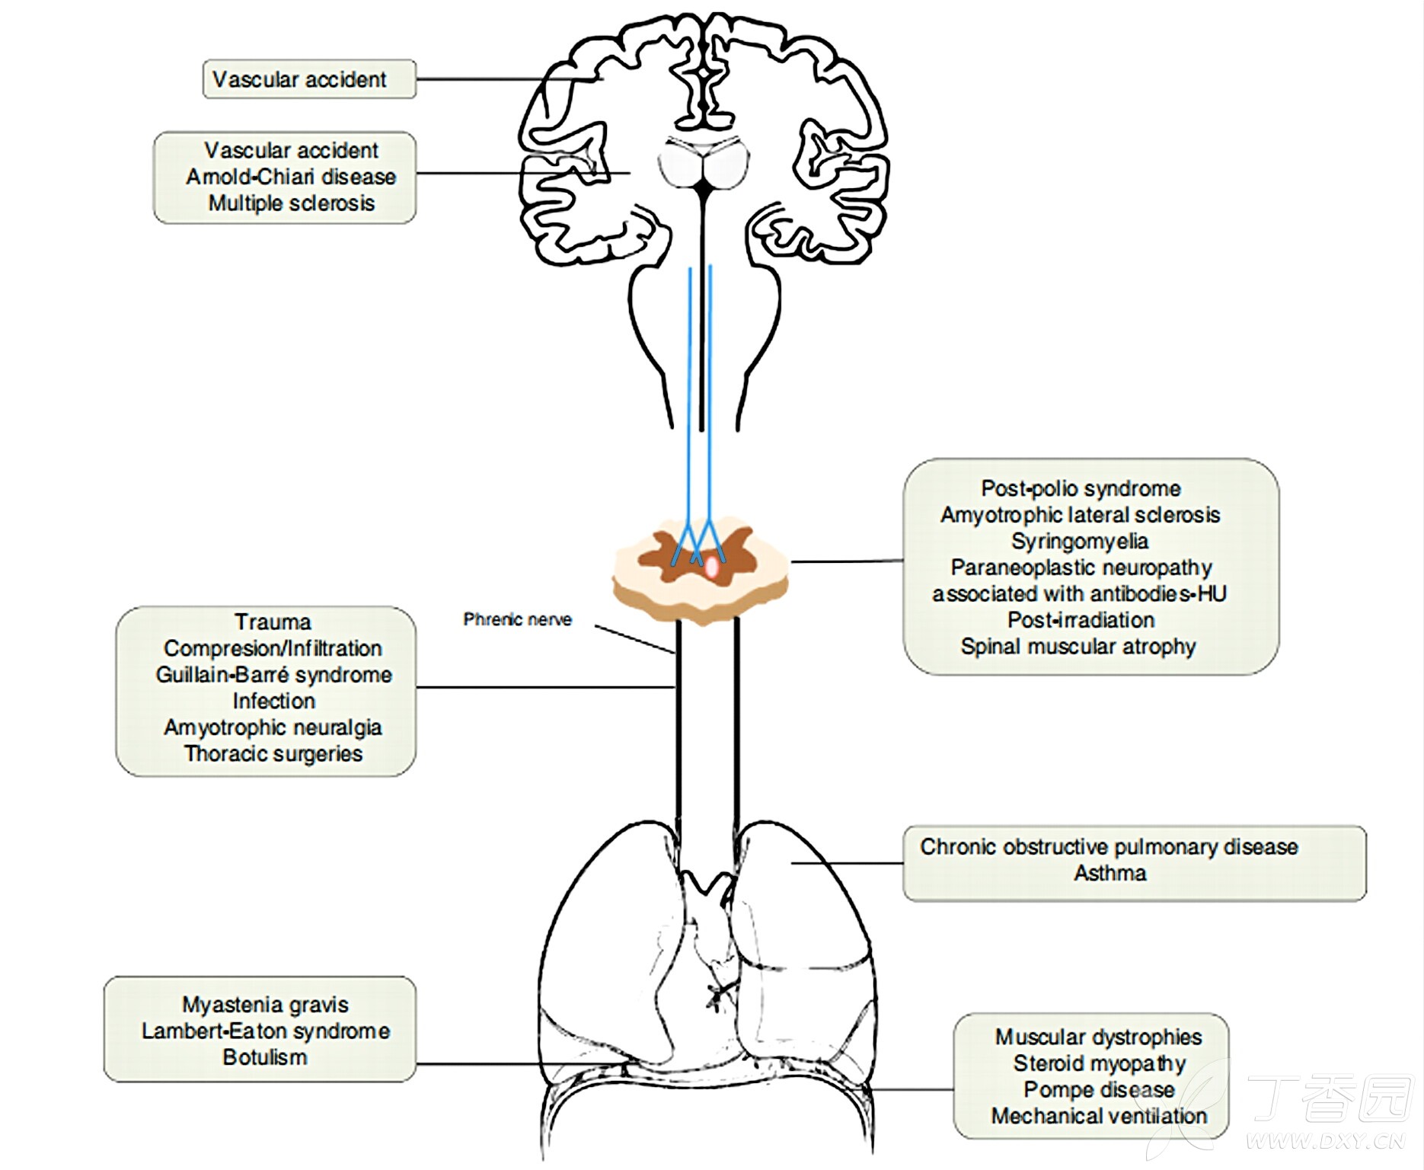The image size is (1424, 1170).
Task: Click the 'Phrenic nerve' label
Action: point(517,619)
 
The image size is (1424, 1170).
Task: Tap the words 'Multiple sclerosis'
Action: point(292,203)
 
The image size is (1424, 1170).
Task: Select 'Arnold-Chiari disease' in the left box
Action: point(291,177)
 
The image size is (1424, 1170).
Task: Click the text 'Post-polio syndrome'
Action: point(1081,488)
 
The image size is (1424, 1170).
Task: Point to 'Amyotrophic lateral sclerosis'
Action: point(1080,515)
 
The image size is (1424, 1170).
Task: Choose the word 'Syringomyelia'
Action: point(1080,542)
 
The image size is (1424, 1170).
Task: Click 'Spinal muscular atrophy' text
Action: point(1078,647)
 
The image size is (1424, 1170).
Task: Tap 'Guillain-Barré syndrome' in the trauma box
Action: point(273,675)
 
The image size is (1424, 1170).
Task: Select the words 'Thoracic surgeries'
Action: point(273,754)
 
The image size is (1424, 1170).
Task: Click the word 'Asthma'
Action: point(1110,873)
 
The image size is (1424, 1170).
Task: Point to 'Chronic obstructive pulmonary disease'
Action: point(1109,847)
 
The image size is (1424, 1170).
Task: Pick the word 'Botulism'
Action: point(265,1057)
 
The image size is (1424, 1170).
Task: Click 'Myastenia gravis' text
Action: point(265,1005)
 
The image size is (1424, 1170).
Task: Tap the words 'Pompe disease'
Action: point(1099,1090)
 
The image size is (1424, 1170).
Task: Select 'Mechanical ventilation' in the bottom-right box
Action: point(1099,1117)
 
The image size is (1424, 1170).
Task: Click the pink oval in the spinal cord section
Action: point(711,567)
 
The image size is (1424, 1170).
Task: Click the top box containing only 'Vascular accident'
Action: point(309,79)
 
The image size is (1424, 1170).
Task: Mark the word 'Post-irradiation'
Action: point(1081,620)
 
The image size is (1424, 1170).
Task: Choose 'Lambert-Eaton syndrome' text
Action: point(265,1031)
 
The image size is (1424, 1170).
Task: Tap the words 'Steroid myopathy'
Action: point(1099,1064)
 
